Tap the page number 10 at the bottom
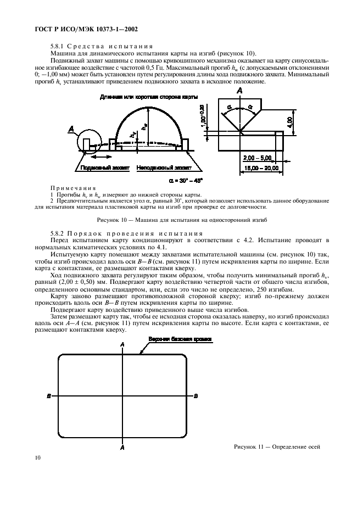tap(37, 457)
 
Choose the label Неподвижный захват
tap(164, 167)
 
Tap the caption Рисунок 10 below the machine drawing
tap(181, 220)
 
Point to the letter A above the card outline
tap(122, 344)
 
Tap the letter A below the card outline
tap(122, 448)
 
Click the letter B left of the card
tap(49, 396)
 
